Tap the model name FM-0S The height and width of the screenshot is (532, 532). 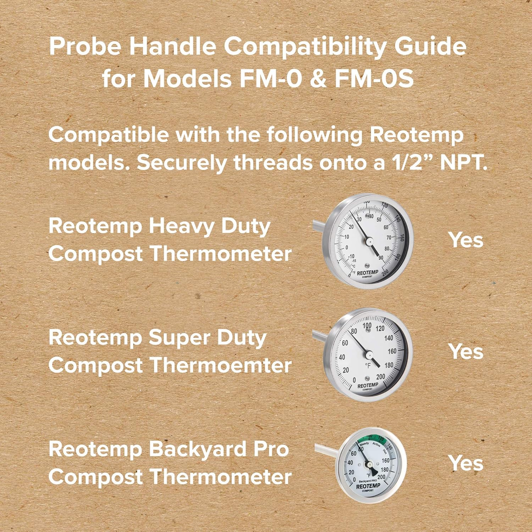click(374, 78)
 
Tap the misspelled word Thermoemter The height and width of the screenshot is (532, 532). click(220, 365)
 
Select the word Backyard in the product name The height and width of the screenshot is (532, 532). click(197, 450)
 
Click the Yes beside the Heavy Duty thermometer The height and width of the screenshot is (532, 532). click(466, 240)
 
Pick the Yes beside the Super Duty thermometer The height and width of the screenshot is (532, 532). click(466, 351)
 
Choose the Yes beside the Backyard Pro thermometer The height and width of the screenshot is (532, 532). click(466, 463)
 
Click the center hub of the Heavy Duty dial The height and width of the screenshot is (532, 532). click(369, 241)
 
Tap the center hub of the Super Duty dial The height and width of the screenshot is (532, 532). click(368, 354)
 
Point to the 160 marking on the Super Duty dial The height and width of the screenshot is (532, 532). click(392, 351)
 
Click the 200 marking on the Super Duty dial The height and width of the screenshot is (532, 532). click(380, 377)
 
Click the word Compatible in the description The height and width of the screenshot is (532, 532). click(109, 135)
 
